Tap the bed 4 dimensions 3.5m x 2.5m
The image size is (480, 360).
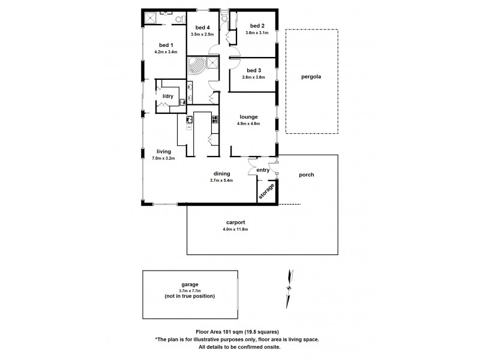tap(202, 34)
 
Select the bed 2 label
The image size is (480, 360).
tap(256, 26)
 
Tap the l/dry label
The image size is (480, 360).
tap(169, 96)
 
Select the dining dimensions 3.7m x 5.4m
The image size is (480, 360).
tap(221, 180)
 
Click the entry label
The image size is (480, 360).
tap(263, 170)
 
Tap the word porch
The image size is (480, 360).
tap(307, 175)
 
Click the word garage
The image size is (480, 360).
tap(190, 284)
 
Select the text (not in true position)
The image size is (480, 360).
tap(190, 296)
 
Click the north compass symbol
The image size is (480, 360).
tap(290, 287)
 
